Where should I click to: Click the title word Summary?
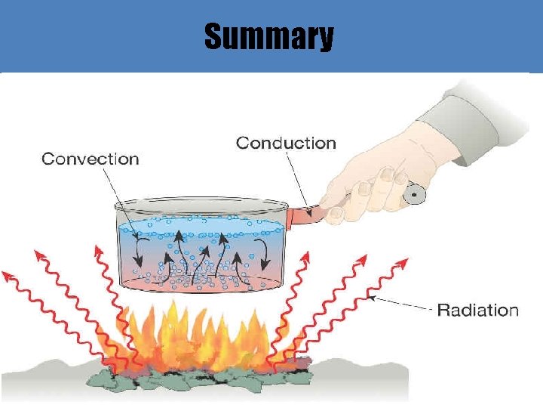click(x=268, y=36)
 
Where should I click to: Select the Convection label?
click(x=90, y=159)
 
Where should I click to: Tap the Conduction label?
click(x=286, y=143)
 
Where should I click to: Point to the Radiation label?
click(x=478, y=310)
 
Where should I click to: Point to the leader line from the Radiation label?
click(x=403, y=304)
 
